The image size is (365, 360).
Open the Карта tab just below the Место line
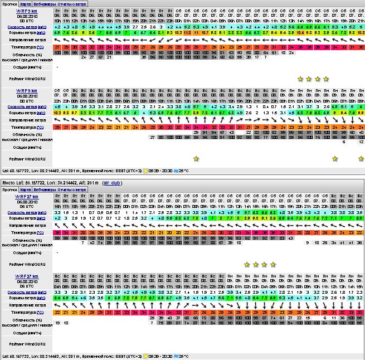pos(26,190)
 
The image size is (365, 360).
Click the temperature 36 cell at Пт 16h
pos(58,231)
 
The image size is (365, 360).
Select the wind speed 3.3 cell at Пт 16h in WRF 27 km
pos(58,212)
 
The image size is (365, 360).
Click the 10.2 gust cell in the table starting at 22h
pos(58,113)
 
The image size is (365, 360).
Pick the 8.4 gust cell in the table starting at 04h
pos(58,298)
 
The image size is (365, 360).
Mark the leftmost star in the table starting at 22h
pos(196,159)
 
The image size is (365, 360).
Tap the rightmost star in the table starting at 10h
pos(326,79)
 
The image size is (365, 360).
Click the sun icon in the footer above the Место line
pos(147,170)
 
